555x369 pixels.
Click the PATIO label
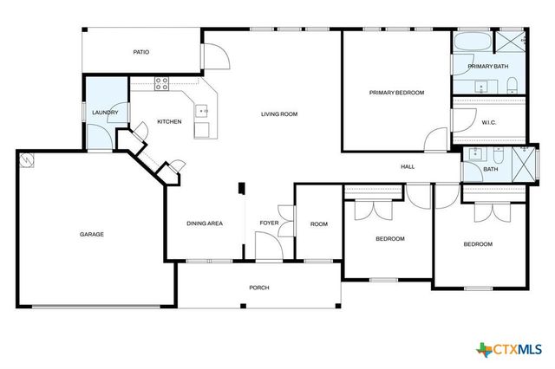(141, 52)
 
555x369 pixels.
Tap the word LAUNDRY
(105, 113)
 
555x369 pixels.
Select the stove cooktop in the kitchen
(161, 83)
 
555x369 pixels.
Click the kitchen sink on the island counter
(202, 111)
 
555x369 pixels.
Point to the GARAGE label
(93, 234)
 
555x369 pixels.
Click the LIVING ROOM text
(280, 113)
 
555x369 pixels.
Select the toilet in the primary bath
(513, 84)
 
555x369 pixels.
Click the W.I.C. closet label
(489, 122)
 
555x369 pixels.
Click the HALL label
(408, 166)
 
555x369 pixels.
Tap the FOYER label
(269, 223)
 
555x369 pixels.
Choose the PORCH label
(259, 288)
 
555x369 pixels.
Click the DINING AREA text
(205, 223)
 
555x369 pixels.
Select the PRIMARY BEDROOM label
(396, 93)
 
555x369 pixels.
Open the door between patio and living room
(214, 54)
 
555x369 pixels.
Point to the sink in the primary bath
(480, 85)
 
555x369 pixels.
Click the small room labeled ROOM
(319, 224)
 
